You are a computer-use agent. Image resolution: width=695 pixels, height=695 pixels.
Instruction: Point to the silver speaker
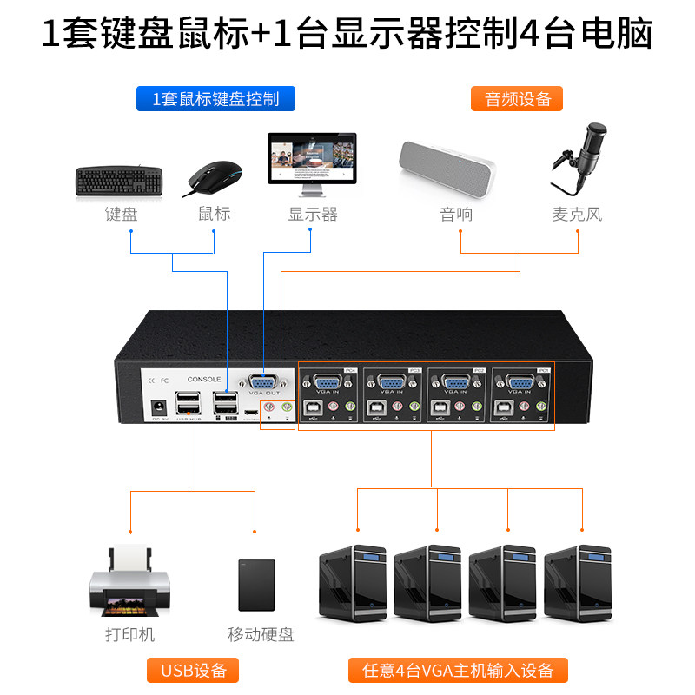(x=446, y=170)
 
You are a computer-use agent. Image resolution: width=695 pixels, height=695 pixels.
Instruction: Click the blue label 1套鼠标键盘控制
(x=215, y=98)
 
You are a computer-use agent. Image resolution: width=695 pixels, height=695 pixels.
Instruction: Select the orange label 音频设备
(x=518, y=98)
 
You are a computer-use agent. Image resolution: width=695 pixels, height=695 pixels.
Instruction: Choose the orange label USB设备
(x=194, y=670)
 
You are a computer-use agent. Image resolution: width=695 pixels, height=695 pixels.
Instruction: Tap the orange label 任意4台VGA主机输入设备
(x=457, y=670)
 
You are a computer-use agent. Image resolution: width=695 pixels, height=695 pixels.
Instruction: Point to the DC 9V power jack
(x=159, y=407)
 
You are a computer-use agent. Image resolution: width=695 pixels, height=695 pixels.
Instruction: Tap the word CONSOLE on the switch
(x=205, y=380)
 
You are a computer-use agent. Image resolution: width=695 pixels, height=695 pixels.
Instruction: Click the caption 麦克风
(x=577, y=214)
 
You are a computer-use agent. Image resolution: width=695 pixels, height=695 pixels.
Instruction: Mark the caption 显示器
(x=313, y=214)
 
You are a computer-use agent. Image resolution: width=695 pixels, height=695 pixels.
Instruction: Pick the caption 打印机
(x=129, y=634)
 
